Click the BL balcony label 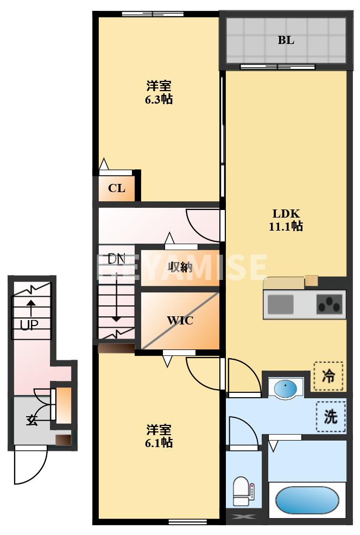pos(286,40)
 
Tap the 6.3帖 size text pos(159,99)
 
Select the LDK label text pos(286,213)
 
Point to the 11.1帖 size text pos(286,226)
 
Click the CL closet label pos(117,188)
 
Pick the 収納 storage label pos(180,267)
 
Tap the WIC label pos(180,320)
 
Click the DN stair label pos(116,259)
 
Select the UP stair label pos(28,325)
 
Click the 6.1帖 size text pos(159,443)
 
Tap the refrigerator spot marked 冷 pos(329,375)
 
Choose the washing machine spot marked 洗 pos(331,417)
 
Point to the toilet pos(241,492)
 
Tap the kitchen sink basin pos(280,304)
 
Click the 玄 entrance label pos(31,419)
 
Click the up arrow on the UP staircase pos(31,307)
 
